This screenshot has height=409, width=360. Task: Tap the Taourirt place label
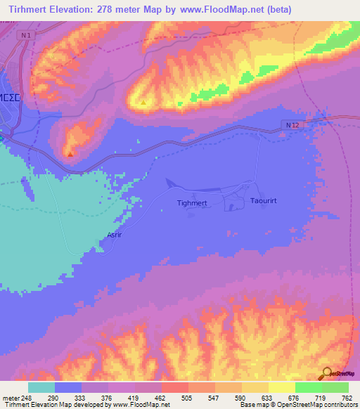point(266,201)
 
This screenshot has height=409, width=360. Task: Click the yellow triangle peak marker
point(143,103)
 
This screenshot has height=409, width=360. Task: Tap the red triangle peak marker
point(70,153)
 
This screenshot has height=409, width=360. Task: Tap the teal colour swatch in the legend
point(41,387)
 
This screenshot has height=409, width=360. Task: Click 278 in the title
point(110,10)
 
